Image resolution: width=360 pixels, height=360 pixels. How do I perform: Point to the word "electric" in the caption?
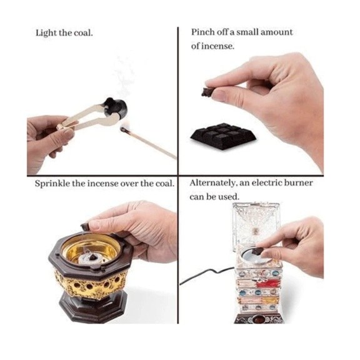(x=266, y=183)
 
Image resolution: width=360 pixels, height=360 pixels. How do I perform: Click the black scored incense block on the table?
(x=223, y=136)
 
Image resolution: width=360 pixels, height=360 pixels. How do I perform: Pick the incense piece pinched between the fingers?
(x=207, y=92)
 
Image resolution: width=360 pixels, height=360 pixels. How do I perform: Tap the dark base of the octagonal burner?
(x=92, y=307)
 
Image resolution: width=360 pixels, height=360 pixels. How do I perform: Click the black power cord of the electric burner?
(x=207, y=274)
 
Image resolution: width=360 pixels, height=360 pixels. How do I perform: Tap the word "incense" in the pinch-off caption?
(x=217, y=46)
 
